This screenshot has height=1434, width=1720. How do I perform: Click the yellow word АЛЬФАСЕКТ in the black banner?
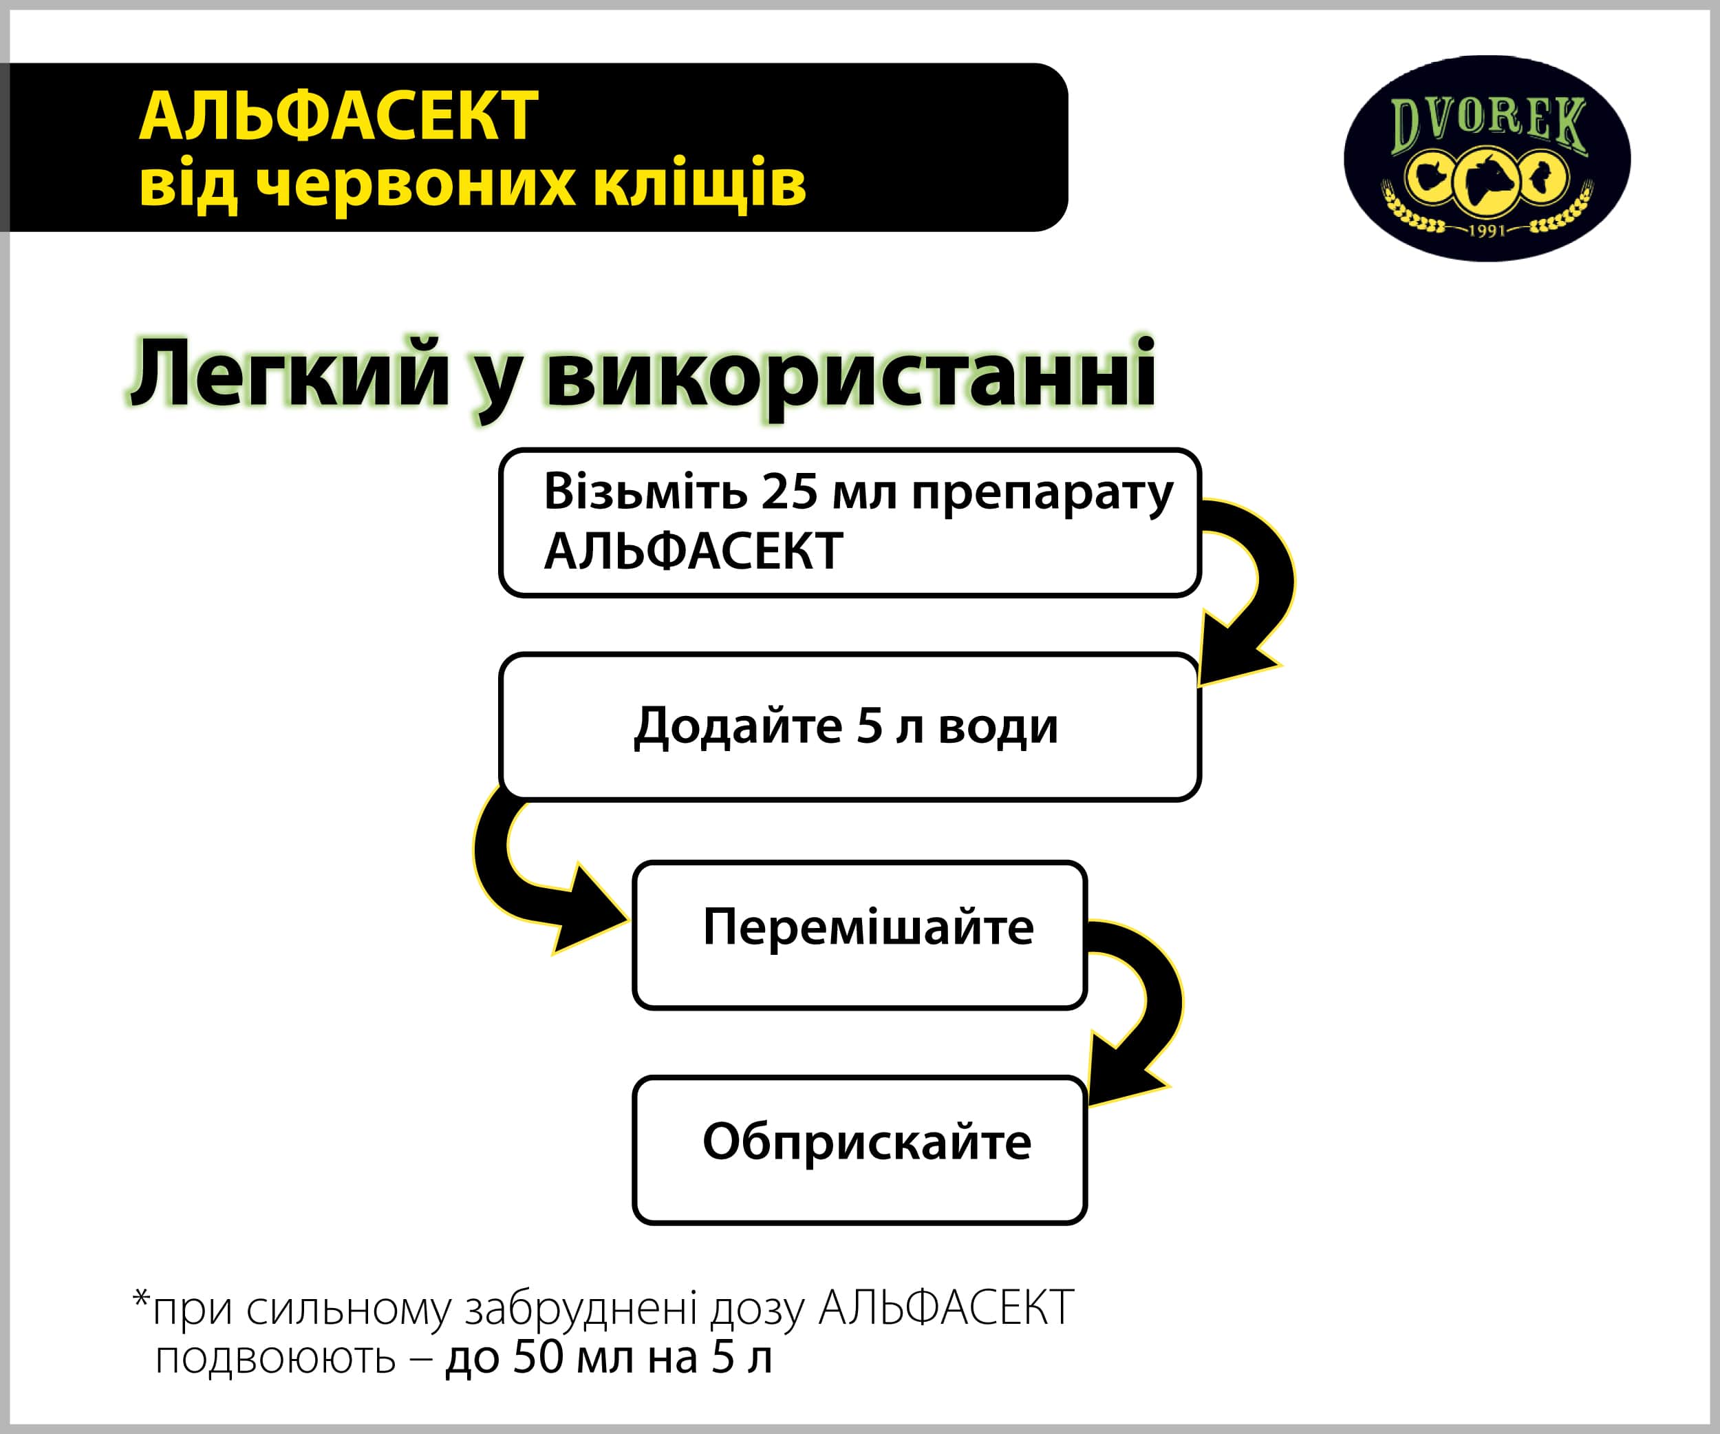coord(338,116)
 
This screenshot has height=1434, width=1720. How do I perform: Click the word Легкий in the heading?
coord(290,374)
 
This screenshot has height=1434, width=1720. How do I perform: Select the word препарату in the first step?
coord(1042,496)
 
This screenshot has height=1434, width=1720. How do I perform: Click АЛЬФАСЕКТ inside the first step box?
coord(694,551)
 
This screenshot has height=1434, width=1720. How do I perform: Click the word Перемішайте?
coord(868,927)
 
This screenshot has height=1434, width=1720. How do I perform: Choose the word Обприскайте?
coord(867,1142)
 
